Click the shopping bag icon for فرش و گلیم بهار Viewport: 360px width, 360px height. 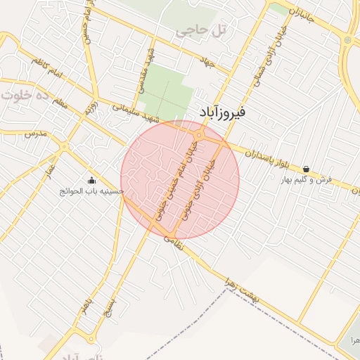[x=307, y=169]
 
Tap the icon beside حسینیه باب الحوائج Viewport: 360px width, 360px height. [x=91, y=180]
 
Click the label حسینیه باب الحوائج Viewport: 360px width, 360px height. [x=91, y=191]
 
